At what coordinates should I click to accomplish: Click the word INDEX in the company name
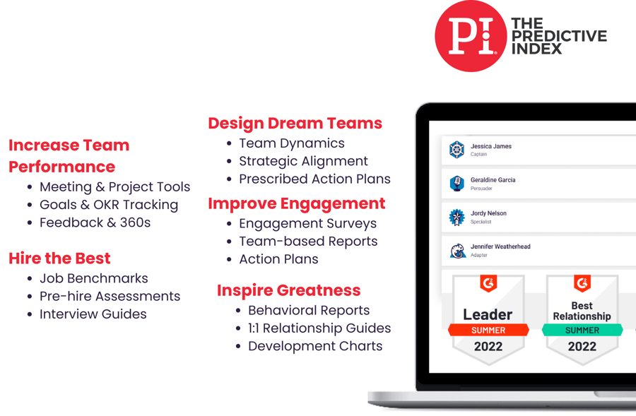point(536,49)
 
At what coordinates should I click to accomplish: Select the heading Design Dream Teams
point(295,124)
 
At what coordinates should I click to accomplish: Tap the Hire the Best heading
point(59,258)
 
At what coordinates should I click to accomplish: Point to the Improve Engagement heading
point(296,204)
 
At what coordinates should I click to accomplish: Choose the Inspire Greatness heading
point(288,290)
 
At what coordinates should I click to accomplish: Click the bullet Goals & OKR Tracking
point(109,205)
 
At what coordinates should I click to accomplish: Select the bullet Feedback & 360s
point(95,222)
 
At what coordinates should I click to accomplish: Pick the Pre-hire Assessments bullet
point(110,296)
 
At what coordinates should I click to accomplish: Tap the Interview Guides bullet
point(93,314)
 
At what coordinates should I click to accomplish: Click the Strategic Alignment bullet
point(303,161)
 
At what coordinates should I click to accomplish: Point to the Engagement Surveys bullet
point(307,223)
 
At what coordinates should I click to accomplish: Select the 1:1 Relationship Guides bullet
point(319,328)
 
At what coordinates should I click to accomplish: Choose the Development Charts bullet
point(315,346)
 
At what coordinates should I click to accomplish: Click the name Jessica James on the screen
point(490,146)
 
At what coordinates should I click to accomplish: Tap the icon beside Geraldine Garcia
point(457,184)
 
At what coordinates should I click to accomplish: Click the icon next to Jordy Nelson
point(457,217)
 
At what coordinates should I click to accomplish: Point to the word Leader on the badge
point(488,314)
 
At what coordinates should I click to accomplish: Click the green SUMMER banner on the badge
point(582,330)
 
